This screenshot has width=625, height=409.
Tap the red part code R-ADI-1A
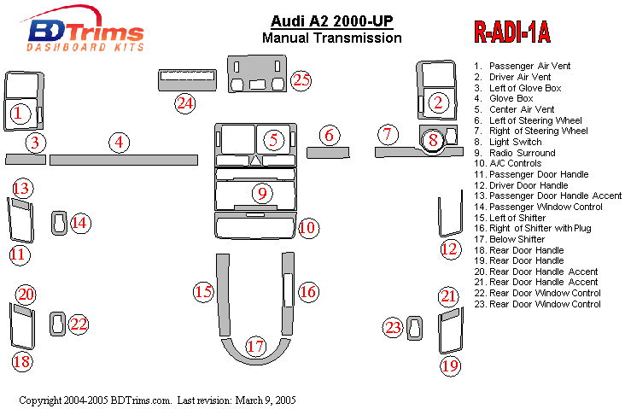[x=511, y=32]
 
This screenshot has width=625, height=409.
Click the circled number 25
[x=300, y=80]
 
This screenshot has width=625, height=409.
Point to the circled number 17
[x=255, y=347]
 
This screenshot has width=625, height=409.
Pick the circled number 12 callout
[x=449, y=249]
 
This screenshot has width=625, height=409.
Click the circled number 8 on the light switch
[x=434, y=140]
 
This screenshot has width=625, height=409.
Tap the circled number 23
[x=393, y=328]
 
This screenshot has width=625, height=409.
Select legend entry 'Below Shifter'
[x=520, y=239]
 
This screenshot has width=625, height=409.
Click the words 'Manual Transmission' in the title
[x=331, y=38]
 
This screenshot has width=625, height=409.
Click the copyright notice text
[x=158, y=400]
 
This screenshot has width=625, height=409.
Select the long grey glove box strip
[x=124, y=160]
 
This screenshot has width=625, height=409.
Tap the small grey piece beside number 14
[x=59, y=222]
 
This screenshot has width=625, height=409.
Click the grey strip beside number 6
[x=329, y=153]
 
